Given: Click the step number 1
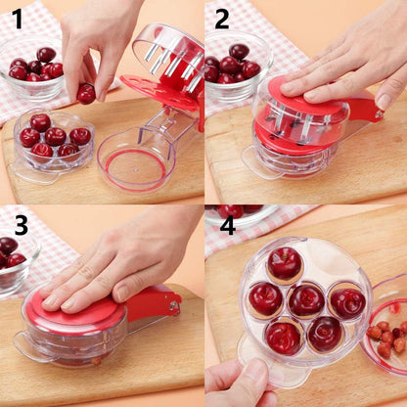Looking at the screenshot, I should [17, 19].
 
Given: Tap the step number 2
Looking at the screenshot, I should [222, 19].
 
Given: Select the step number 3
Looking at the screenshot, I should [20, 222].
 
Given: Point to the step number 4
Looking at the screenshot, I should [227, 225].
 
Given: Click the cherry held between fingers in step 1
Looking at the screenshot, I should [86, 93].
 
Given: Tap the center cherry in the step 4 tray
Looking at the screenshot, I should [305, 300].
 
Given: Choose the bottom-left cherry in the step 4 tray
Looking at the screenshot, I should [284, 337].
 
